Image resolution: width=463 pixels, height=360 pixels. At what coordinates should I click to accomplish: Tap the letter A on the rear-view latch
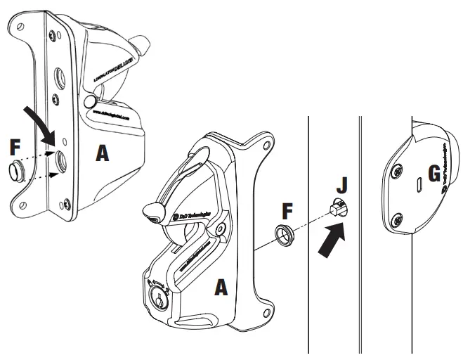[x=103, y=154]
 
